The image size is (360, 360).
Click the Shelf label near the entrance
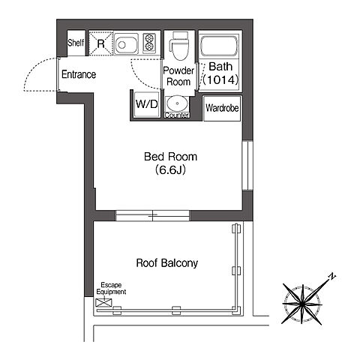76,43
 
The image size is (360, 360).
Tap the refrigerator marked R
100,43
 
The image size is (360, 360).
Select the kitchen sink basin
126,44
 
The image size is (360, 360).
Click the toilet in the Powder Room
179,46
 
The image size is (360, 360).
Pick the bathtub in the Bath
219,46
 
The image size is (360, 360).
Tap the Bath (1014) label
220,73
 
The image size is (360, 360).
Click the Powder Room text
178,76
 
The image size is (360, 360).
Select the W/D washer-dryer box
147,104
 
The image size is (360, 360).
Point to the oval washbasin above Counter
177,103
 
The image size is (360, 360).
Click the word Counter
177,115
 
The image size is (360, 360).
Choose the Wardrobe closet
222,109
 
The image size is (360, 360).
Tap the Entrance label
79,74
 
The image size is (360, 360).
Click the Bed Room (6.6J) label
171,163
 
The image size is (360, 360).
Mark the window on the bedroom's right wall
247,166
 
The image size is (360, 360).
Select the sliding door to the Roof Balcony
152,215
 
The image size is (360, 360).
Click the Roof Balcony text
167,263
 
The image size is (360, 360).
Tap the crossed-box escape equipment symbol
103,302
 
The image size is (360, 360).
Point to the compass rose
302,304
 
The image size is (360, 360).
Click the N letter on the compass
331,277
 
